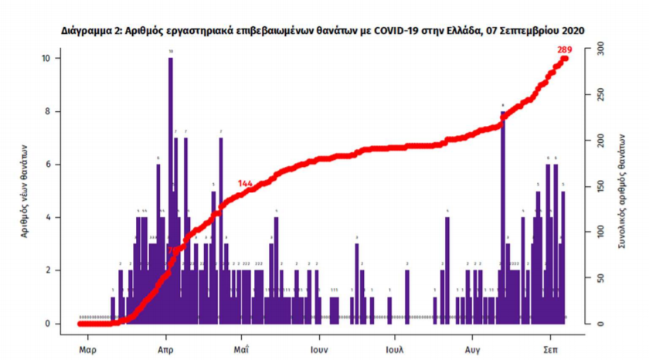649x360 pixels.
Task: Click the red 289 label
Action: coord(564,50)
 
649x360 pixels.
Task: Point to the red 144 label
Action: coord(246,184)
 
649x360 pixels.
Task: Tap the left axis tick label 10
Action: coord(46,59)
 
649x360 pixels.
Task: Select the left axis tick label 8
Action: coord(49,111)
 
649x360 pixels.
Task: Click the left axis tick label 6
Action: coord(49,165)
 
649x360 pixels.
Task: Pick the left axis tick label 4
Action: coord(49,217)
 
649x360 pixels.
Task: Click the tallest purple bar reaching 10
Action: coord(170,185)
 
